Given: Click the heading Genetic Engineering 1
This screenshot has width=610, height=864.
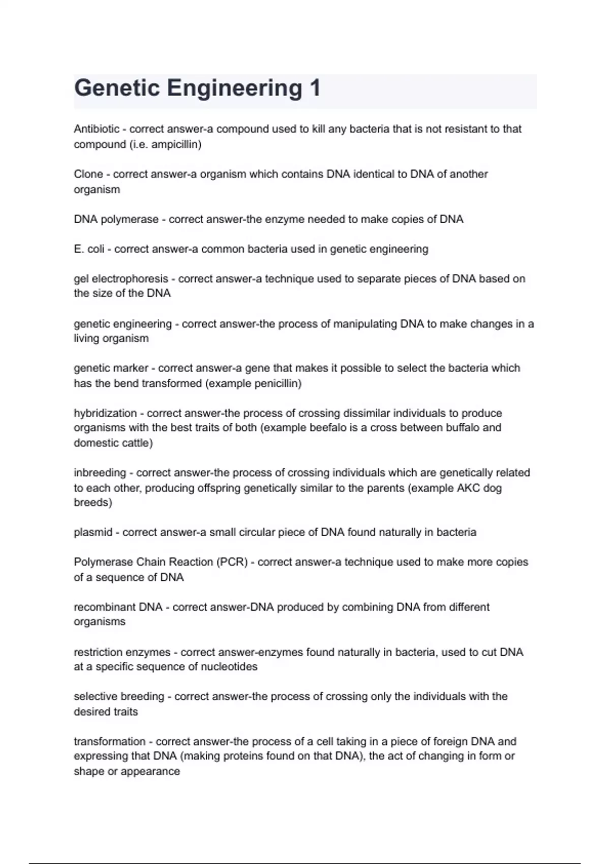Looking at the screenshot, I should pos(197,88).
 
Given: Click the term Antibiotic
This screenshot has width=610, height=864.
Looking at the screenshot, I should pos(97,129).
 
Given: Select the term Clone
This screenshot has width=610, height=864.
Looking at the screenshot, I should pos(88,174).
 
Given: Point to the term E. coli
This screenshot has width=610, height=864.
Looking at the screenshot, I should pos(89,249).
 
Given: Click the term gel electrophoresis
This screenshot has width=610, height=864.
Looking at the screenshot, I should pos(121,279).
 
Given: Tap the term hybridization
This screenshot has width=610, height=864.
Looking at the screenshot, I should pos(105,413).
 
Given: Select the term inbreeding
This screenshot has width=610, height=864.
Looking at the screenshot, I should pos(100,473).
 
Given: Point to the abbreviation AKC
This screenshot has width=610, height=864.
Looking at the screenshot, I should pos(472,488).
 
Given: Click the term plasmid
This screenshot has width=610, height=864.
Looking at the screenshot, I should pos(93,532).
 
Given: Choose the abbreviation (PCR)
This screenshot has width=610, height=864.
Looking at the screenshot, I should pos(232,562).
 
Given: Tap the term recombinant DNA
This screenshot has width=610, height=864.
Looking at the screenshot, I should pos(118,607).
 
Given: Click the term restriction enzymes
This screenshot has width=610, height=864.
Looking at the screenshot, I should pos(122,652).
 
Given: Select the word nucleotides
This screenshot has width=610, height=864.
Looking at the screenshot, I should pos(231,667).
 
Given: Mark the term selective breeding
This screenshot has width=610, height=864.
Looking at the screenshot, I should pos(119,696).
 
